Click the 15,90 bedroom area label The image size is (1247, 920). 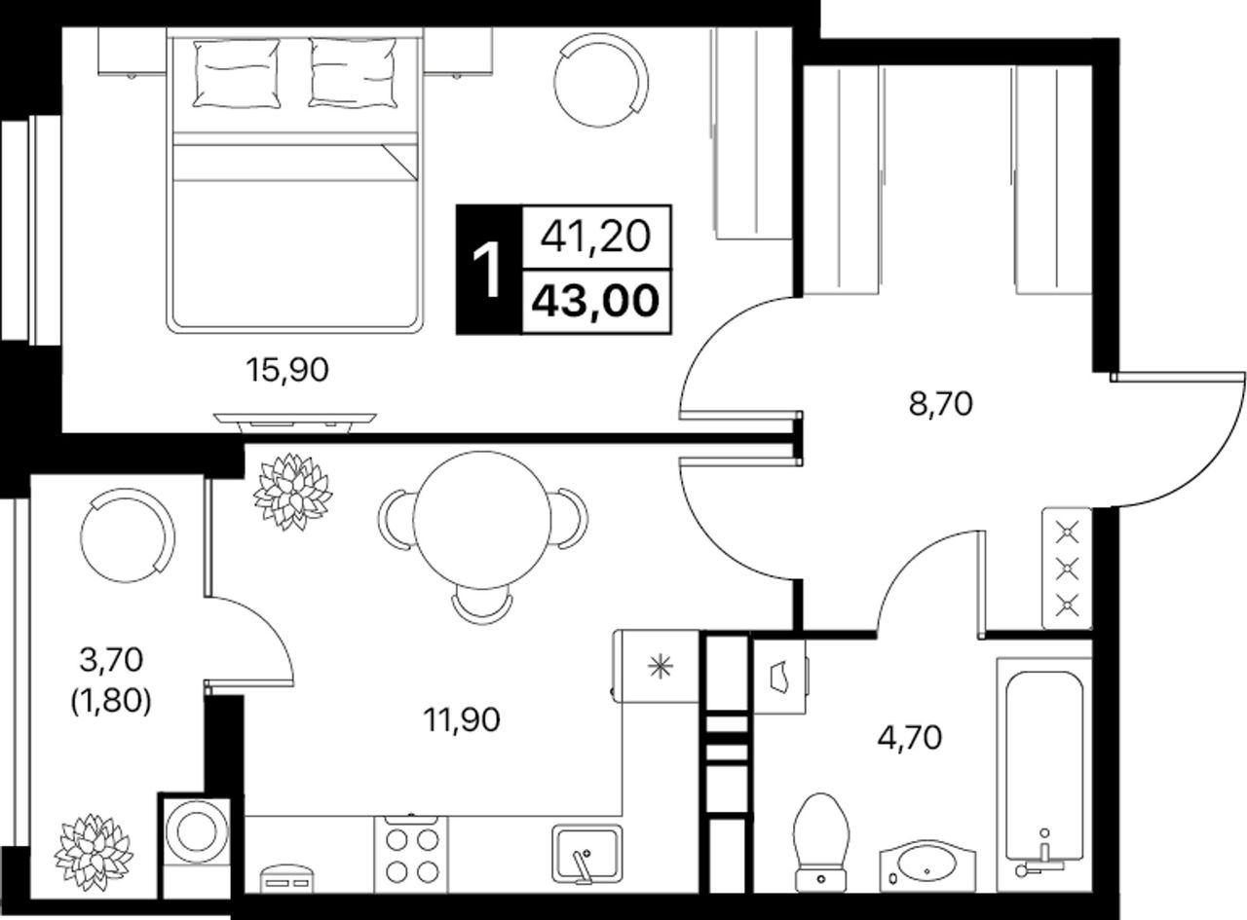click(287, 370)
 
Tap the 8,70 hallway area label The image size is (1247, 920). click(940, 404)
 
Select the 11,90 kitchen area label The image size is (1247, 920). click(462, 719)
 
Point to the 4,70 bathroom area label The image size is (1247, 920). click(909, 738)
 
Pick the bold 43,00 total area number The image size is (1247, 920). click(596, 301)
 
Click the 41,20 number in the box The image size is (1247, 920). click(595, 237)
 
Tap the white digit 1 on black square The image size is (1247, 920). click(487, 270)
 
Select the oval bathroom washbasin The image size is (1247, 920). click(927, 874)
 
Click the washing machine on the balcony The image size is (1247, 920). click(196, 853)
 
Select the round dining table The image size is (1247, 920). click(483, 520)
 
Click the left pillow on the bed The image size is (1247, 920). click(236, 73)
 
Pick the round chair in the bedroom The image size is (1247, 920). click(600, 80)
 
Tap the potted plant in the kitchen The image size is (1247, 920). click(292, 492)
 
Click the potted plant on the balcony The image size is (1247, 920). click(94, 853)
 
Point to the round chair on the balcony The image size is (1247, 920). click(127, 535)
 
